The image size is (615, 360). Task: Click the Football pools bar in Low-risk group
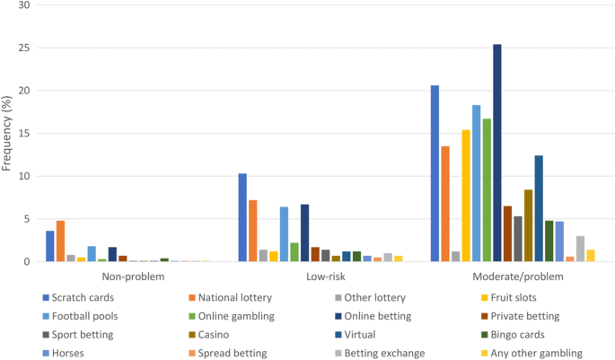tap(284, 234)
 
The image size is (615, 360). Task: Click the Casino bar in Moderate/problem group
tap(528, 225)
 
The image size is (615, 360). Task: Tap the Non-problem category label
tap(133, 277)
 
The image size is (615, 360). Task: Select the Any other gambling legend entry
tap(532, 353)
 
